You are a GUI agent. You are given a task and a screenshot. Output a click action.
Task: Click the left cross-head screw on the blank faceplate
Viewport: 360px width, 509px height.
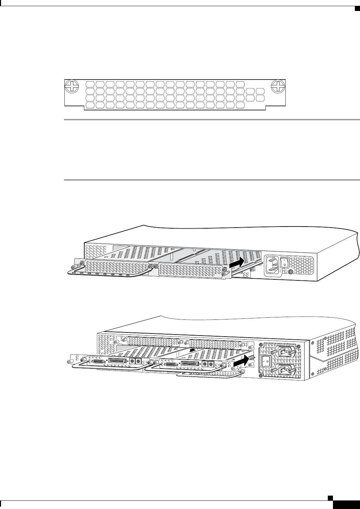tap(72, 87)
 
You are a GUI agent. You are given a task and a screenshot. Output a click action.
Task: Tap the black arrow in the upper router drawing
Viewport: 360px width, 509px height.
tap(237, 264)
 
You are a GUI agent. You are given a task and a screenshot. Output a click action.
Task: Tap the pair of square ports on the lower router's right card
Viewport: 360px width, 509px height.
tap(208, 364)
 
